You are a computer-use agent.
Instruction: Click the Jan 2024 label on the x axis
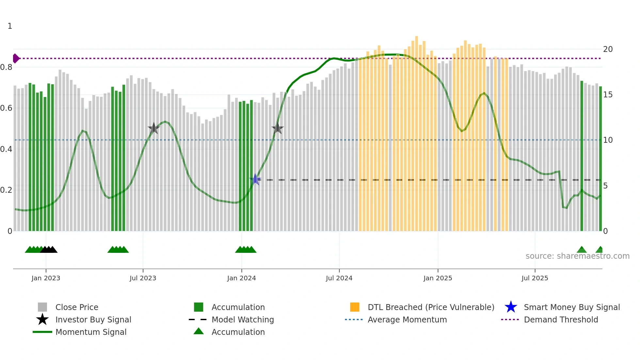coord(241,278)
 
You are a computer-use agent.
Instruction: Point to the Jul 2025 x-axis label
coord(535,278)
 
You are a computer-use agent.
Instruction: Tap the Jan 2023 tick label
coord(46,278)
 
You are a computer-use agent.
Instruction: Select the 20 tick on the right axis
coord(608,49)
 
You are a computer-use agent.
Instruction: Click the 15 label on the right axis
coord(608,95)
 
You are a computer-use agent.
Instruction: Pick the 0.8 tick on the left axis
coord(6,67)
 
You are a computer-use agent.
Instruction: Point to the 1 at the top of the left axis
coord(10,26)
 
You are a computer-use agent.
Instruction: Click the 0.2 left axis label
coord(6,190)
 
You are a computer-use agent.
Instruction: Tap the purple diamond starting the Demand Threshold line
coord(16,58)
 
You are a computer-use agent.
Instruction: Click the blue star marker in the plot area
coord(255,179)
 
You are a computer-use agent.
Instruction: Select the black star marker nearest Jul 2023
coord(153,128)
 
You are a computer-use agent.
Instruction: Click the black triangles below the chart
coord(49,250)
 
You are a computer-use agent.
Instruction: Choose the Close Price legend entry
coord(77,307)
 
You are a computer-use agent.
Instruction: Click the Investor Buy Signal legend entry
coord(93,320)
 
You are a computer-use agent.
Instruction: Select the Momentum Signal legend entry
coord(91,332)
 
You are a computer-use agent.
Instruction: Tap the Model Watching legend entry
coord(243,320)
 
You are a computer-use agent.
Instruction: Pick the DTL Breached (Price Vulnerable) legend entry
coord(431,307)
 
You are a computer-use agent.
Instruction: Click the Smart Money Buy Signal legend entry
coord(571,307)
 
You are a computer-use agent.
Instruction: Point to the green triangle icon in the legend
coord(199,332)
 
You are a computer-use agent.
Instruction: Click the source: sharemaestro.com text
coord(577,256)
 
